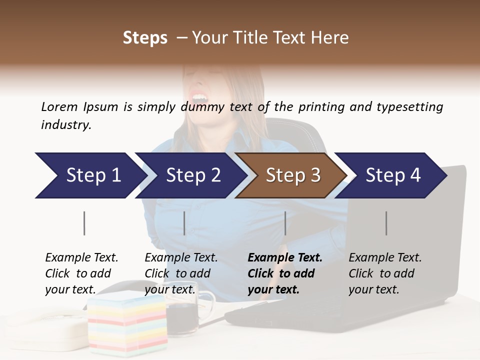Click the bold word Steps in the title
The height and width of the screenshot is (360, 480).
tap(145, 38)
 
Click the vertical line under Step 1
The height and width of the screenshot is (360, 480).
tap(84, 223)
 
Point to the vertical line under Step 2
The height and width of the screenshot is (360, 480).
tap(184, 223)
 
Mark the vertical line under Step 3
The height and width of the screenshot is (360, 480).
tap(285, 223)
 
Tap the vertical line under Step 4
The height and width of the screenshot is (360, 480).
tap(386, 223)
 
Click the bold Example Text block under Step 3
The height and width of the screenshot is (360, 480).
tap(285, 273)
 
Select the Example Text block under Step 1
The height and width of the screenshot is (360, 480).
tap(81, 273)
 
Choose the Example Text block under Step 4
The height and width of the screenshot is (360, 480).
tap(385, 273)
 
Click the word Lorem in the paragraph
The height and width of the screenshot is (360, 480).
tap(59, 106)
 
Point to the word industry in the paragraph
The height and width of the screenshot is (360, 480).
tap(66, 124)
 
